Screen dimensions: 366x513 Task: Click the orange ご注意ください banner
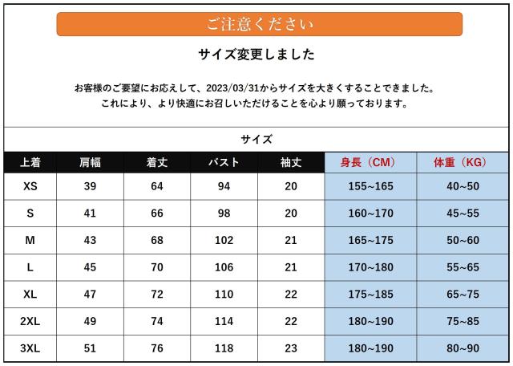[259, 24]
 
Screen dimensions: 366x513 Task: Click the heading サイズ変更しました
[256, 55]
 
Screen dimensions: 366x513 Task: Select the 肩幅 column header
[90, 162]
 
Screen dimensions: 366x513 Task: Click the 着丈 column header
[156, 162]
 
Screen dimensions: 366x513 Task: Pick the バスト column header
[224, 162]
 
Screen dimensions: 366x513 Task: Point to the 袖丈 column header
[290, 162]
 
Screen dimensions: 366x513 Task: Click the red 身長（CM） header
[370, 162]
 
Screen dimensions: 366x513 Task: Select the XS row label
[30, 186]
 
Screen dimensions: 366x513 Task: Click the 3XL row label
[30, 348]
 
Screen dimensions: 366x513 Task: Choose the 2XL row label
[30, 321]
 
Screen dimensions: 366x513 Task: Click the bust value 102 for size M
[224, 240]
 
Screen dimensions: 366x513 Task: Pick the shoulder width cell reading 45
[90, 267]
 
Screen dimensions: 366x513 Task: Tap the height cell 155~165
[370, 186]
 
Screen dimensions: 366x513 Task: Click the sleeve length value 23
[290, 348]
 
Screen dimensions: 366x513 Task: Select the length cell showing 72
[156, 295]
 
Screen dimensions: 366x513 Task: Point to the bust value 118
[224, 348]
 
